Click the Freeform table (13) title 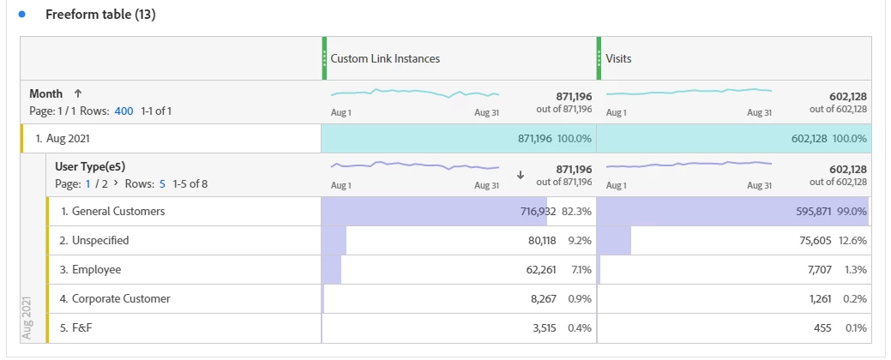tap(99, 15)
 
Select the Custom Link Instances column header tap(385, 59)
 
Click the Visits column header tap(620, 59)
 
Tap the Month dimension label tap(46, 93)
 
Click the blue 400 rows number tap(123, 111)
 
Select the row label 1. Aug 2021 tap(63, 138)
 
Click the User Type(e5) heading tap(90, 166)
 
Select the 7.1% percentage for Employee tap(580, 270)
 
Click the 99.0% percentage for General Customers tap(854, 211)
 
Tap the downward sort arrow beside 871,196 tap(520, 174)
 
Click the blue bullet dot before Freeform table tap(22, 15)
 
